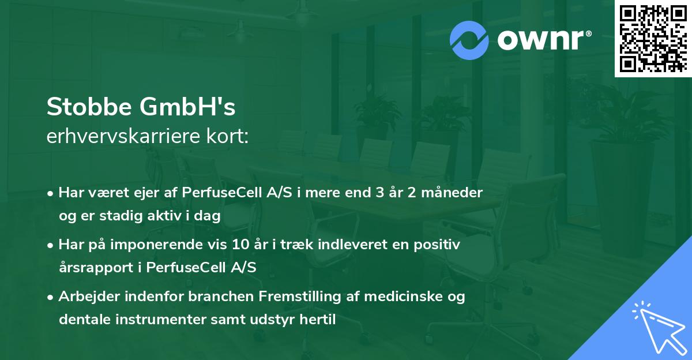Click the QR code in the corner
[x=653, y=38]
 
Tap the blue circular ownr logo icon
[x=470, y=40]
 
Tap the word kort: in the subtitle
[x=230, y=137]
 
